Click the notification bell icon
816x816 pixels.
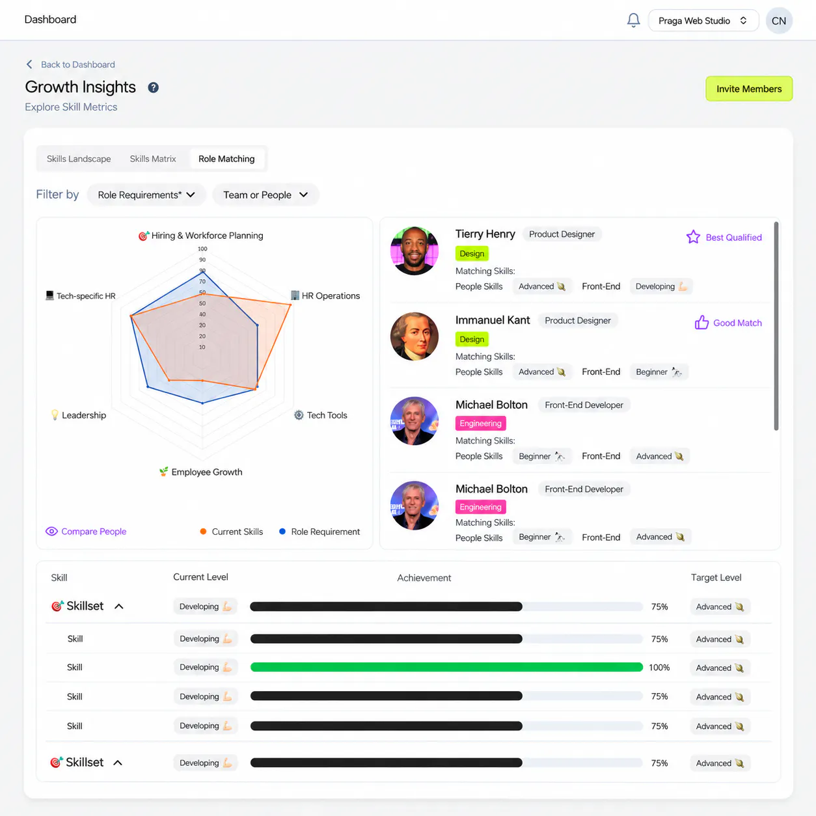(x=633, y=20)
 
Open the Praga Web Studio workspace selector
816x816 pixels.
(x=703, y=21)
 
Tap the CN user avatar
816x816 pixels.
(x=779, y=21)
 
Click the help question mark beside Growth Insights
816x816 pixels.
(x=154, y=88)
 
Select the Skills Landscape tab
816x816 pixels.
(x=79, y=159)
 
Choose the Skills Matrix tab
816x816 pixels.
(x=153, y=159)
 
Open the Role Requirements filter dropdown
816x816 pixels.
(x=146, y=195)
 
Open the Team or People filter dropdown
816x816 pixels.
(x=265, y=195)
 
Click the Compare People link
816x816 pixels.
(x=86, y=532)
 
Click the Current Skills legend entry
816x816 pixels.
(x=231, y=532)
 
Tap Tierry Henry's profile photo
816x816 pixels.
(x=414, y=251)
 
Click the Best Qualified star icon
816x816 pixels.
(x=693, y=237)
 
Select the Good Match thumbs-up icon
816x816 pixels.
(x=701, y=323)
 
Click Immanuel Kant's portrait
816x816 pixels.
(x=414, y=336)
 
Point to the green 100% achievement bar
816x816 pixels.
(x=447, y=668)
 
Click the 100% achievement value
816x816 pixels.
(x=659, y=668)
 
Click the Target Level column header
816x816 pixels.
(x=716, y=578)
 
